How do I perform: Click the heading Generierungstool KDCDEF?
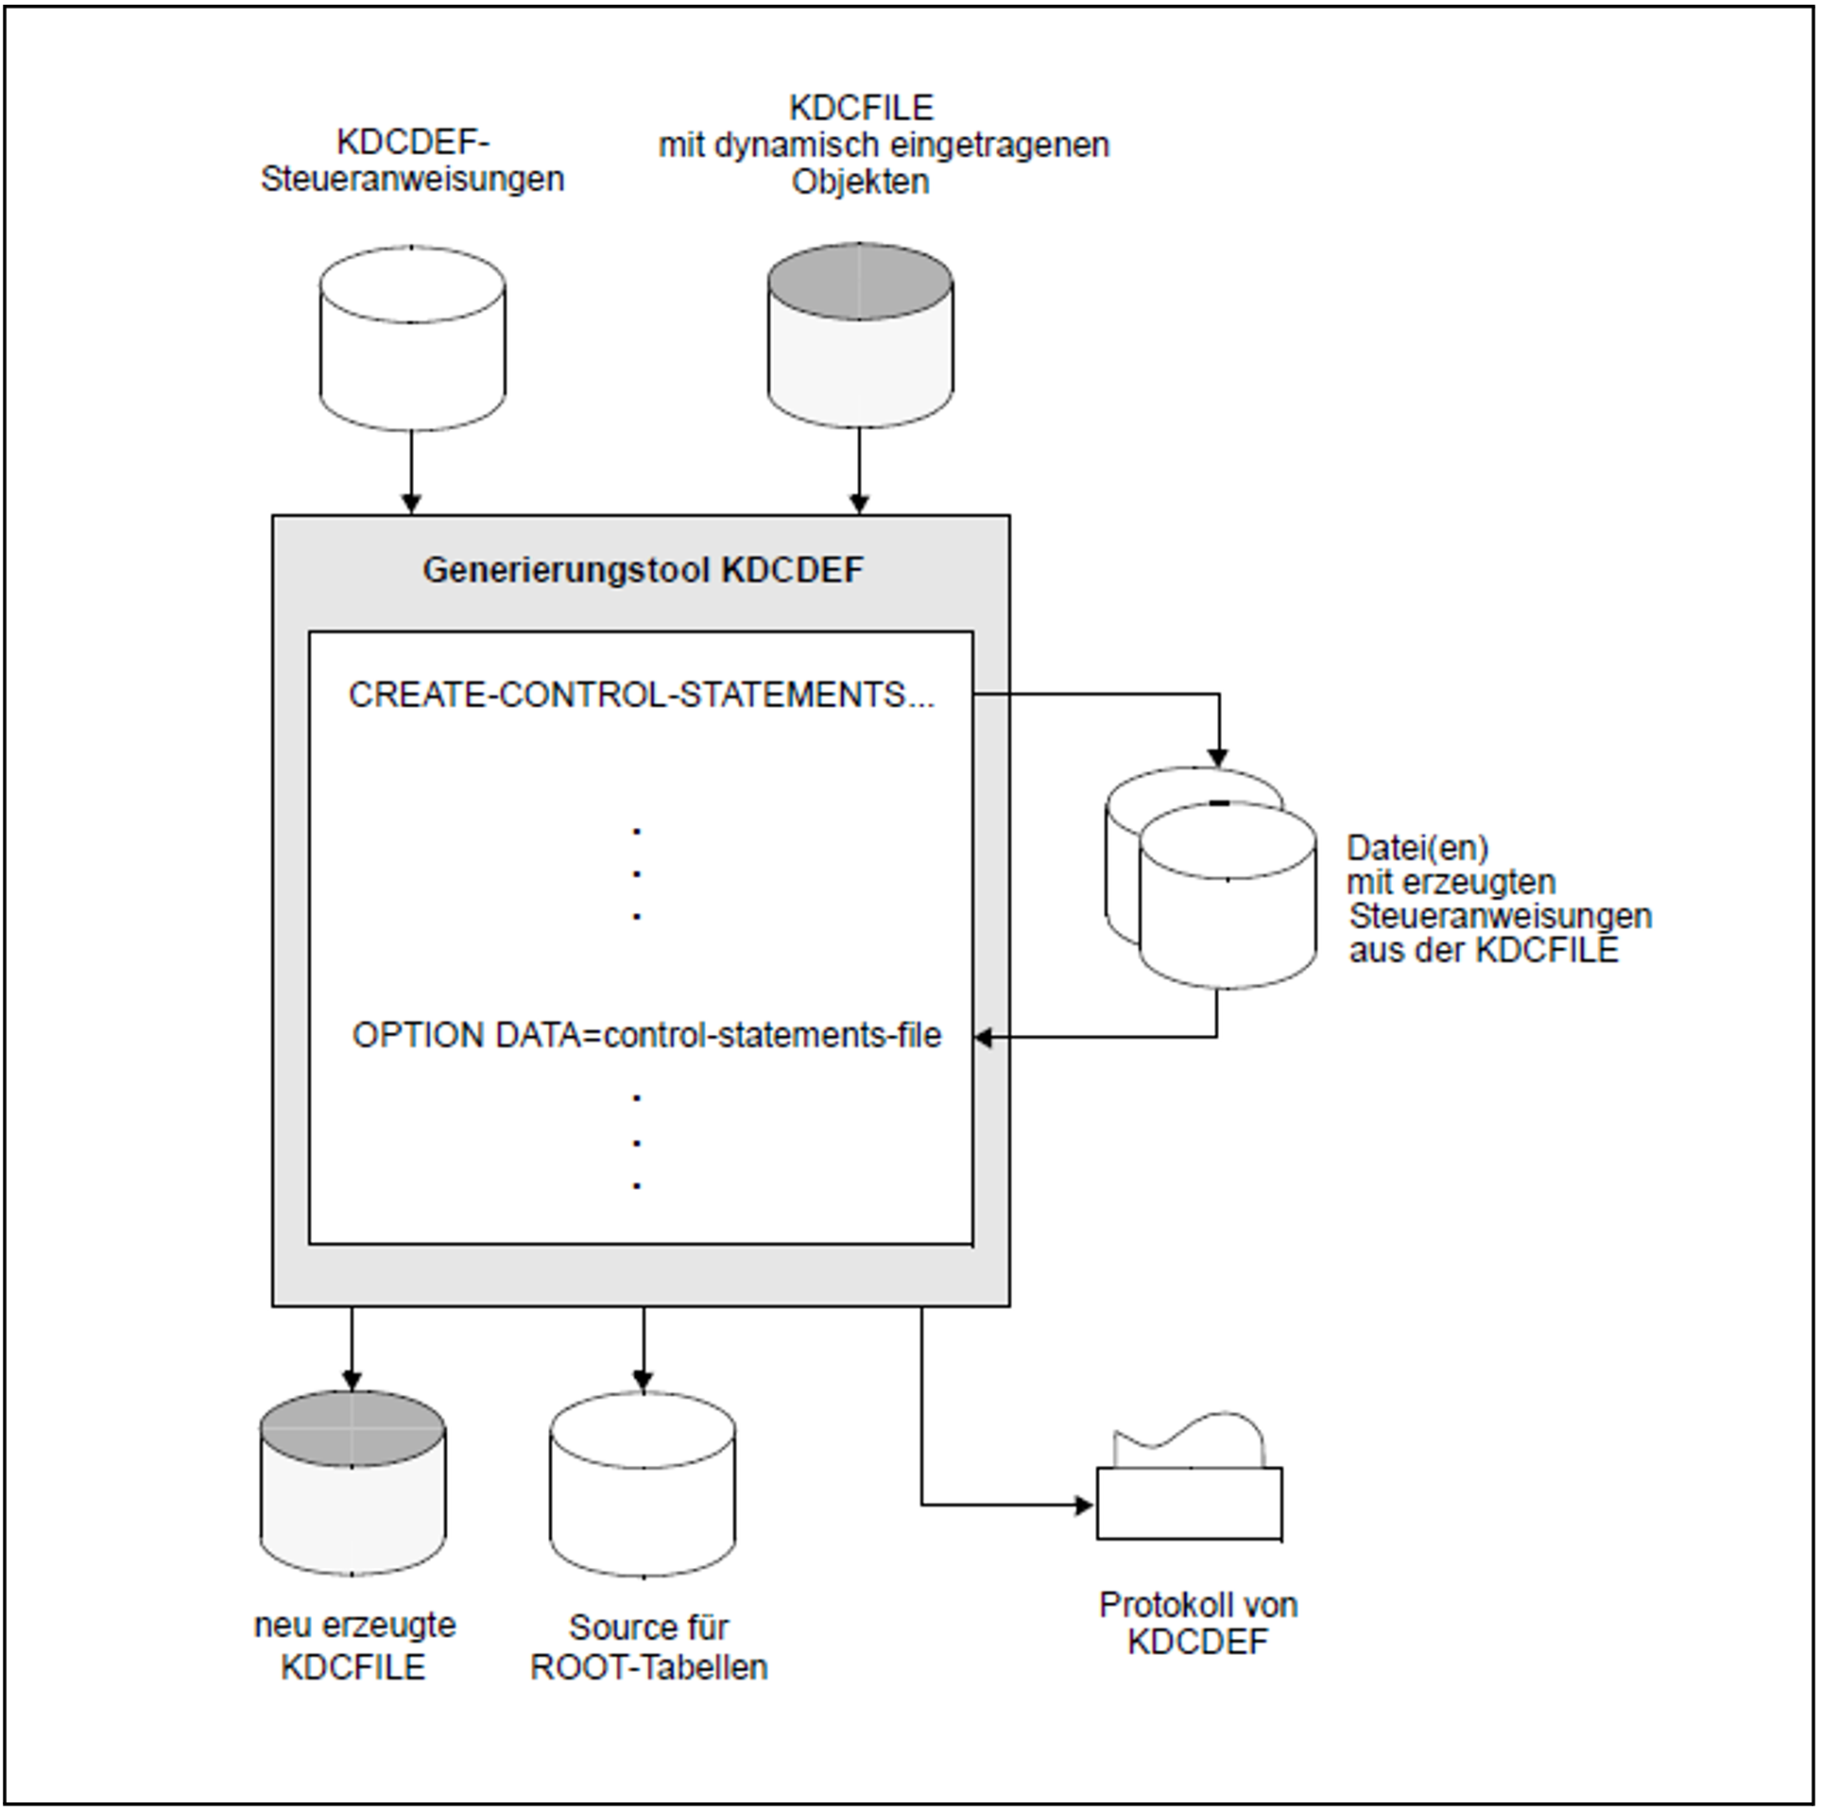click(x=643, y=571)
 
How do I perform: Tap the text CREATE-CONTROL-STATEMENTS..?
click(x=641, y=695)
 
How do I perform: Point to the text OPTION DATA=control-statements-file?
click(x=646, y=1036)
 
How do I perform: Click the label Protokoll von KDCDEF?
click(x=1197, y=1623)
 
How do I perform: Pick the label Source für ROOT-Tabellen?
click(x=648, y=1646)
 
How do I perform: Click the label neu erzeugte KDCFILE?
click(x=354, y=1646)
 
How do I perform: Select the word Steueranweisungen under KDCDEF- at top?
click(x=412, y=179)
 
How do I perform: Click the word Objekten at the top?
click(x=860, y=181)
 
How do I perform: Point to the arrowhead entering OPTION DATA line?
click(x=984, y=1038)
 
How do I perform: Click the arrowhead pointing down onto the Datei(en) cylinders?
click(x=1219, y=757)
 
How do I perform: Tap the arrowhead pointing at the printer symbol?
click(x=1084, y=1506)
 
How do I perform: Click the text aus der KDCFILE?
click(x=1484, y=950)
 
